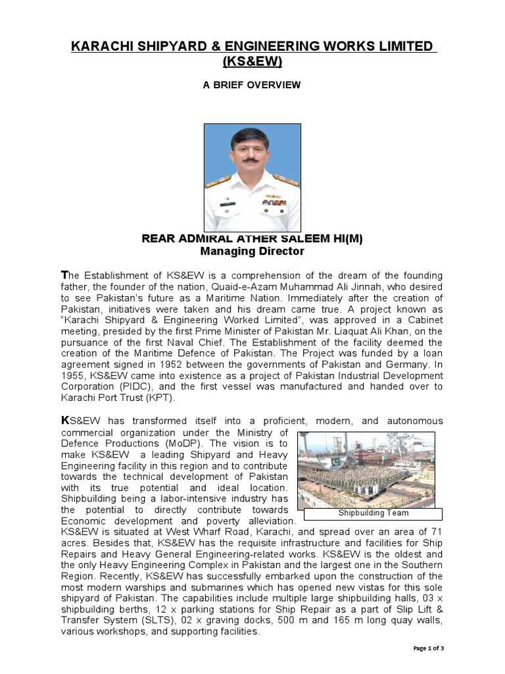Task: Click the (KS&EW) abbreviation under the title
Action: (x=252, y=62)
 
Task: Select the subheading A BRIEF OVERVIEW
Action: (x=252, y=85)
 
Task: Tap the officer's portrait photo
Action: (x=252, y=177)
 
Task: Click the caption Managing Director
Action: (x=252, y=251)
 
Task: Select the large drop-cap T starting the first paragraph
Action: (x=64, y=274)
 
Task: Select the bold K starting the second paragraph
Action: (x=64, y=420)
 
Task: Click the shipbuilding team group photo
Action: (x=370, y=469)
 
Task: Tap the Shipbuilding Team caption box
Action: (x=373, y=513)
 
